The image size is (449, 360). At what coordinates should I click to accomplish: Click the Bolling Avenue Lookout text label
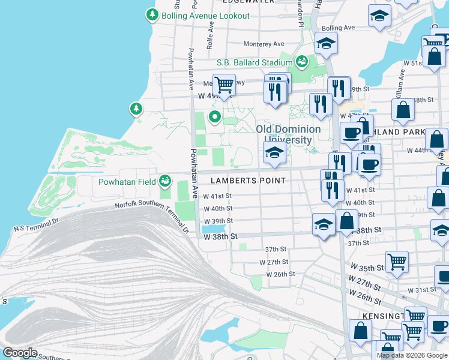[x=205, y=16]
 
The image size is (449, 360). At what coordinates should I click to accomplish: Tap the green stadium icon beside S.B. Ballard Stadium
[x=302, y=61]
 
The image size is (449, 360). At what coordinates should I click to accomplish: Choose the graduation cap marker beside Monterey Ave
[x=326, y=43]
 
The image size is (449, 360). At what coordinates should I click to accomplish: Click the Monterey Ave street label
[x=264, y=44]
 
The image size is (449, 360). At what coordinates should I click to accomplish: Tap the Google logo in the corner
[x=19, y=353]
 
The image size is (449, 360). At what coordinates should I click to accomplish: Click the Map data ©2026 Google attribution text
[x=412, y=355]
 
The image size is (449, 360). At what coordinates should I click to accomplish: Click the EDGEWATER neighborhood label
[x=248, y=2]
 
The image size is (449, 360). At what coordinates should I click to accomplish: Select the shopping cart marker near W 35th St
[x=397, y=262]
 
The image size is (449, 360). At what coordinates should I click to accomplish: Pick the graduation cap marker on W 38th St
[x=324, y=224]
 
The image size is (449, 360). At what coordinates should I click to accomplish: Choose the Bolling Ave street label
[x=339, y=28]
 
